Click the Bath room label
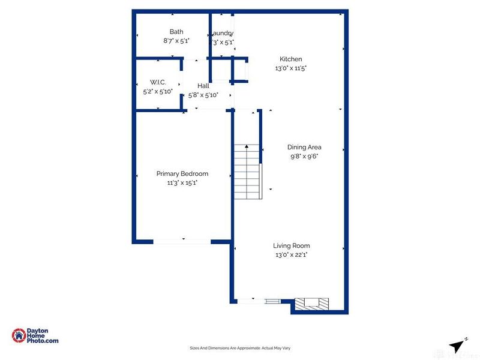176,32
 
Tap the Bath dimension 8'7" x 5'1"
176,41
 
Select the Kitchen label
291,59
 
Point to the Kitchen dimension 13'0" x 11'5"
291,68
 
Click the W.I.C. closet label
157,82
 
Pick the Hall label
203,86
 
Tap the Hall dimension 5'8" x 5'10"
203,95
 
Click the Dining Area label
305,147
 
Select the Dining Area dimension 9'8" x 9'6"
305,156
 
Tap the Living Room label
292,245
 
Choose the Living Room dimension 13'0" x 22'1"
292,255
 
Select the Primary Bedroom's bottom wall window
181,241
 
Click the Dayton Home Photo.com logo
36,335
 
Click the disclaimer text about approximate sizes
240,348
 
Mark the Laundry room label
222,32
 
